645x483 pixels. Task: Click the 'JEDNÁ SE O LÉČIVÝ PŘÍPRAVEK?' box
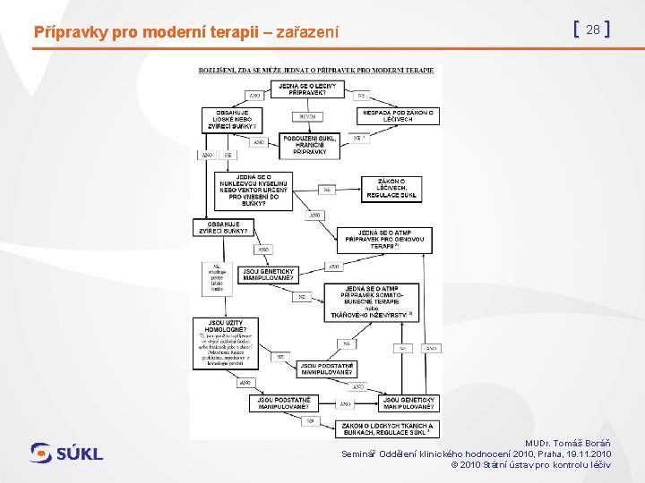307,89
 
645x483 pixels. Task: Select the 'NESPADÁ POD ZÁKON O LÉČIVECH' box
399,116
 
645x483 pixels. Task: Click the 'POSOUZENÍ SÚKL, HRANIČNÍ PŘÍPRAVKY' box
310,145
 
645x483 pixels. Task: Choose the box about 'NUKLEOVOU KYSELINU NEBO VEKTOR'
254,190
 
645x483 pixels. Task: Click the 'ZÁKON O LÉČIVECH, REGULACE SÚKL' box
391,188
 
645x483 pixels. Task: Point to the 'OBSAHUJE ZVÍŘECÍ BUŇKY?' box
223,228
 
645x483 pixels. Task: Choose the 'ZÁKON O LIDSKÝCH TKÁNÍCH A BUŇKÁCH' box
388,429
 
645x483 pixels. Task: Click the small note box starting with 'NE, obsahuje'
216,277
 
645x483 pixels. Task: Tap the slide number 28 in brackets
591,30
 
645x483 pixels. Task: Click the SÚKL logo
67,453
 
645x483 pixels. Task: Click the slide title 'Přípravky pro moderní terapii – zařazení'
186,32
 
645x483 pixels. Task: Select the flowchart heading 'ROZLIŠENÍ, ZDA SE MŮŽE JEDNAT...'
316,70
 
